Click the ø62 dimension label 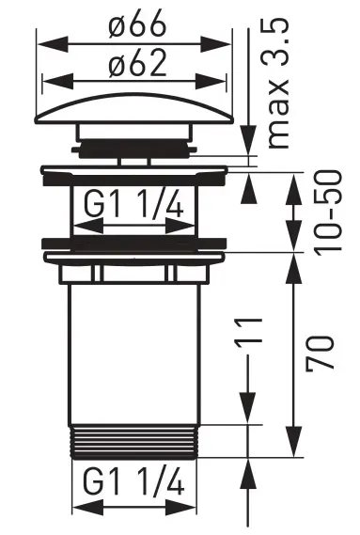point(137,63)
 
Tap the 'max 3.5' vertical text point(278,84)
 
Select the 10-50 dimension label point(327,213)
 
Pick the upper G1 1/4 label point(133,204)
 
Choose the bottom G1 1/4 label point(133,481)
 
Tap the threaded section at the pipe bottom point(134,442)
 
